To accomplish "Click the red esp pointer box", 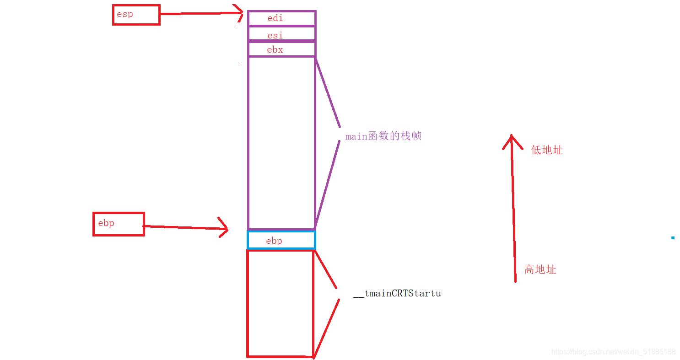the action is pos(136,15).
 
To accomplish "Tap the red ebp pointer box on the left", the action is pos(119,224).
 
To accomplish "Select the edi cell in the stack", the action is pos(281,18).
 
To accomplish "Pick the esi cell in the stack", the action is pos(281,35).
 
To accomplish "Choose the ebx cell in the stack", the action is pos(281,49).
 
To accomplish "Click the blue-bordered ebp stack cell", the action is pos(281,241).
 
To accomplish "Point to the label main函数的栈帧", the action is pos(383,136).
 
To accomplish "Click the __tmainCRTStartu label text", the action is pos(397,294).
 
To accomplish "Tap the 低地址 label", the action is pos(547,150).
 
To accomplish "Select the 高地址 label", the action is pos(540,269).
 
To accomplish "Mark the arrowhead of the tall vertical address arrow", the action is pos(512,139).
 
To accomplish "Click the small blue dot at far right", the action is pos(673,238).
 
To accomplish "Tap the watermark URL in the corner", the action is pos(613,352).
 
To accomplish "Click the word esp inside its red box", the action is pos(125,14).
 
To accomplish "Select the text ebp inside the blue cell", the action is pos(274,241).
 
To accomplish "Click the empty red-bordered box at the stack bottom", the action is pos(280,303).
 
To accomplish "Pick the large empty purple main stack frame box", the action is pos(281,142).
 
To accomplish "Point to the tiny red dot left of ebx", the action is pos(240,65).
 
